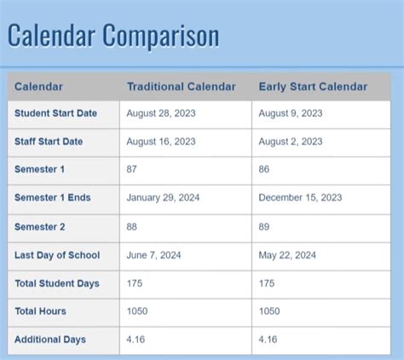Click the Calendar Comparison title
pos(113,36)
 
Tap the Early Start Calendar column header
pos(313,86)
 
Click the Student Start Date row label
pos(55,113)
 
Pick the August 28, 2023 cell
pos(161,113)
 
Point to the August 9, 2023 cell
pos(291,113)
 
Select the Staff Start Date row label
pos(49,141)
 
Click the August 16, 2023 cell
pos(161,141)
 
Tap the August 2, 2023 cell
pos(291,141)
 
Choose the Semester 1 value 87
pos(132,170)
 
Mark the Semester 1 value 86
pos(264,170)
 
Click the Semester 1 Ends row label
pos(52,198)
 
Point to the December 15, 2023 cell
pos(300,198)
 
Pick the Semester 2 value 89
pos(264,226)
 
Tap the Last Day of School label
pos(57,255)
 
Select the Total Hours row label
pos(40,311)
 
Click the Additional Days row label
pos(50,340)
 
